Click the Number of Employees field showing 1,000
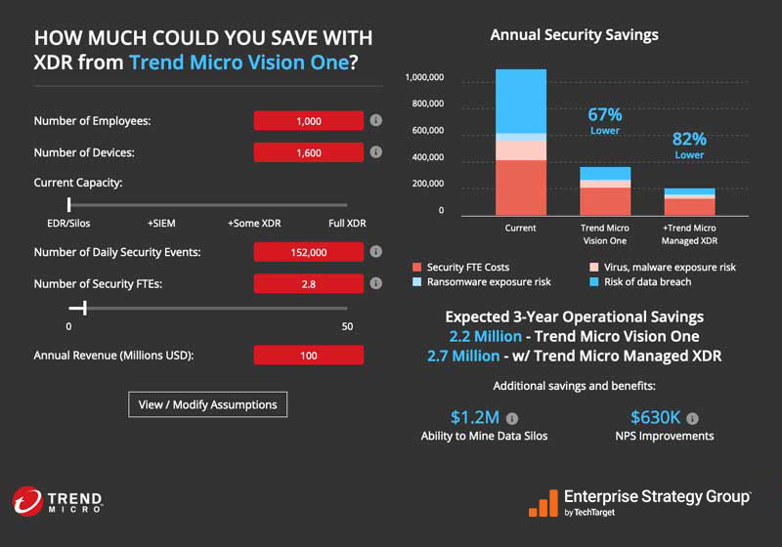tap(309, 121)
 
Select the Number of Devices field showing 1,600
tap(309, 153)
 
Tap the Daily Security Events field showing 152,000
tap(309, 252)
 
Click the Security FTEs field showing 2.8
tap(309, 283)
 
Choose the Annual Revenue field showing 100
tap(309, 356)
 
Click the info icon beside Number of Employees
tap(375, 121)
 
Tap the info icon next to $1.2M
tap(511, 419)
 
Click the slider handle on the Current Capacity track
tap(69, 204)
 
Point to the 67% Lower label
tap(605, 121)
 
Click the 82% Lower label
tap(689, 146)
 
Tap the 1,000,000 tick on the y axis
tap(424, 77)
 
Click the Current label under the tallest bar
tap(520, 228)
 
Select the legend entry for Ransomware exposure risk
tap(481, 282)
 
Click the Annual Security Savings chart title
tap(574, 35)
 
